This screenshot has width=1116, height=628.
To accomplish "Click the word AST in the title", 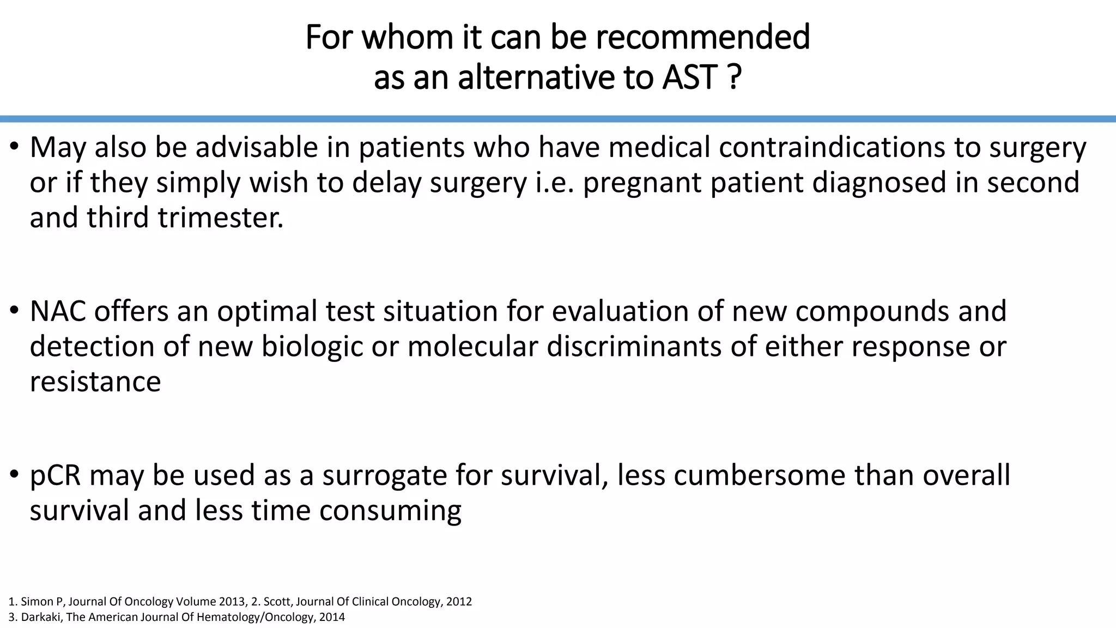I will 689,77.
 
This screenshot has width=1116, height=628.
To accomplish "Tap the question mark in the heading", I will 734,77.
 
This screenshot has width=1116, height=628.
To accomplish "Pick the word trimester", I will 221,218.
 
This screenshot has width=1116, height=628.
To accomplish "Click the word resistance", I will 95,382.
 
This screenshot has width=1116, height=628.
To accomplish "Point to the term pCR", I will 55,475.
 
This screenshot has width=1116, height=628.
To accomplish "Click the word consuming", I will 390,511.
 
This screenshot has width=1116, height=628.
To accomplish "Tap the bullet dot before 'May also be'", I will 15,147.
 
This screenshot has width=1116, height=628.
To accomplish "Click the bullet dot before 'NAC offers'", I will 15,311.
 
